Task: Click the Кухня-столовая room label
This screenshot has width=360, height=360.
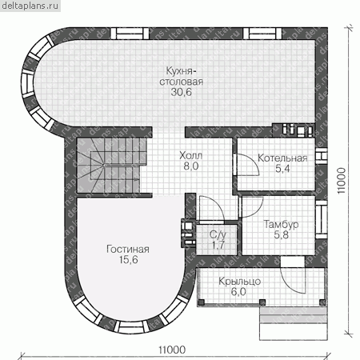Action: click(x=182, y=76)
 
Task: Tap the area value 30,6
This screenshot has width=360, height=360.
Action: click(x=182, y=92)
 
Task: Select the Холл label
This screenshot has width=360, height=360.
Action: click(x=190, y=155)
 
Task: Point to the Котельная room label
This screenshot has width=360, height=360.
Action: click(x=282, y=158)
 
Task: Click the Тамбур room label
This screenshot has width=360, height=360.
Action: click(x=281, y=225)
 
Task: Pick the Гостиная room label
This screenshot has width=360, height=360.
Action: click(x=128, y=249)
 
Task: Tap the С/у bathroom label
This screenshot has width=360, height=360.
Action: click(x=218, y=235)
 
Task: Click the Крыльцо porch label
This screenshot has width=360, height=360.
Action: click(x=239, y=282)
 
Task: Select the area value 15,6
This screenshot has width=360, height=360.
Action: click(x=129, y=260)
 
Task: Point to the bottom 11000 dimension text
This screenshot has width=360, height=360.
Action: click(x=172, y=350)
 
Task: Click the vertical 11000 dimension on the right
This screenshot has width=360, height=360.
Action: click(x=342, y=181)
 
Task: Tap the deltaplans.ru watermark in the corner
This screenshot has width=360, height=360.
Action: click(x=30, y=6)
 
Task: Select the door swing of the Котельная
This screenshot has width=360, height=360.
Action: click(x=247, y=165)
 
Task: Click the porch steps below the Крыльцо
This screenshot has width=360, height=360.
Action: click(x=294, y=323)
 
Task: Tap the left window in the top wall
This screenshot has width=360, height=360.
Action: click(x=130, y=34)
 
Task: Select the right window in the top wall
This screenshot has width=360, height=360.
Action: click(x=262, y=34)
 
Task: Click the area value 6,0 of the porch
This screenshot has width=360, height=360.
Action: click(x=238, y=292)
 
